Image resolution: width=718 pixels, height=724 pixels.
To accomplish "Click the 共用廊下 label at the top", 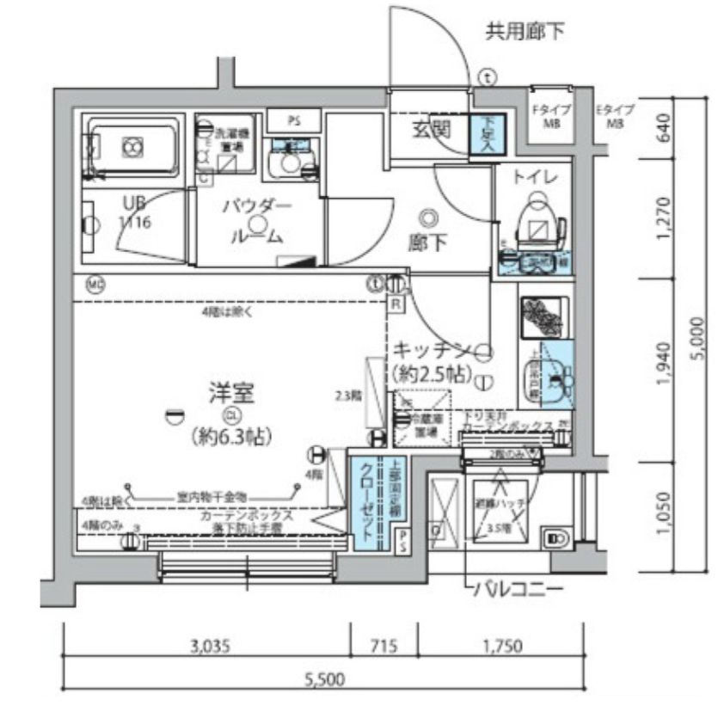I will (525, 33).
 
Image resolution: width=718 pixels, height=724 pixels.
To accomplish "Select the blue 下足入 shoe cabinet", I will (488, 135).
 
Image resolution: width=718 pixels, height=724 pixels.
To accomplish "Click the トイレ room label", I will (537, 177).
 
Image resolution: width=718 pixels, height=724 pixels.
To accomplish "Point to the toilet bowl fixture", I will (539, 219).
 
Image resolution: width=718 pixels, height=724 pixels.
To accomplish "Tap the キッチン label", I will (431, 350).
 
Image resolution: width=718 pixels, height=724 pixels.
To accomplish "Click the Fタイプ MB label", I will (544, 116).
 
